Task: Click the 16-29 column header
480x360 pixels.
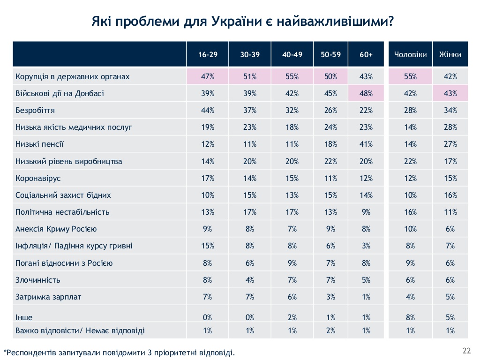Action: [208, 54]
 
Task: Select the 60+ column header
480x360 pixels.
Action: [366, 54]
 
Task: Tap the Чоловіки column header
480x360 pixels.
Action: [410, 54]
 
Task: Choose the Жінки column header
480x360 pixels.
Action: [450, 54]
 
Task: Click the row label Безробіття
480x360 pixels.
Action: [35, 111]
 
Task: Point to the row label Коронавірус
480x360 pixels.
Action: [38, 179]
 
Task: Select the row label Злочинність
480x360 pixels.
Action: [37, 280]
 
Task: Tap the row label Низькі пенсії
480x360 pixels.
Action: [39, 144]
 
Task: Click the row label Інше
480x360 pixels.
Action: [24, 317]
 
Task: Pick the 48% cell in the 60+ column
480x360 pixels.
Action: [366, 93]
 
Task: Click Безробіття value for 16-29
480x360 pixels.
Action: [208, 111]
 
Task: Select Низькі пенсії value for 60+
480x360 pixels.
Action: [366, 144]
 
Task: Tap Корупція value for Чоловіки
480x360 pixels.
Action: [410, 76]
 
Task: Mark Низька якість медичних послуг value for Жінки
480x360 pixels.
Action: [450, 127]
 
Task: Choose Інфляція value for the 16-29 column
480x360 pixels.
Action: [208, 246]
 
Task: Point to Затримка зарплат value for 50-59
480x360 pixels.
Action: [330, 297]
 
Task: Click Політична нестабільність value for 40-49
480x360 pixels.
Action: [292, 212]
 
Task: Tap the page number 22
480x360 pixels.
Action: [466, 351]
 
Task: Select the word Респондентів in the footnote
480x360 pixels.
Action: [31, 352]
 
